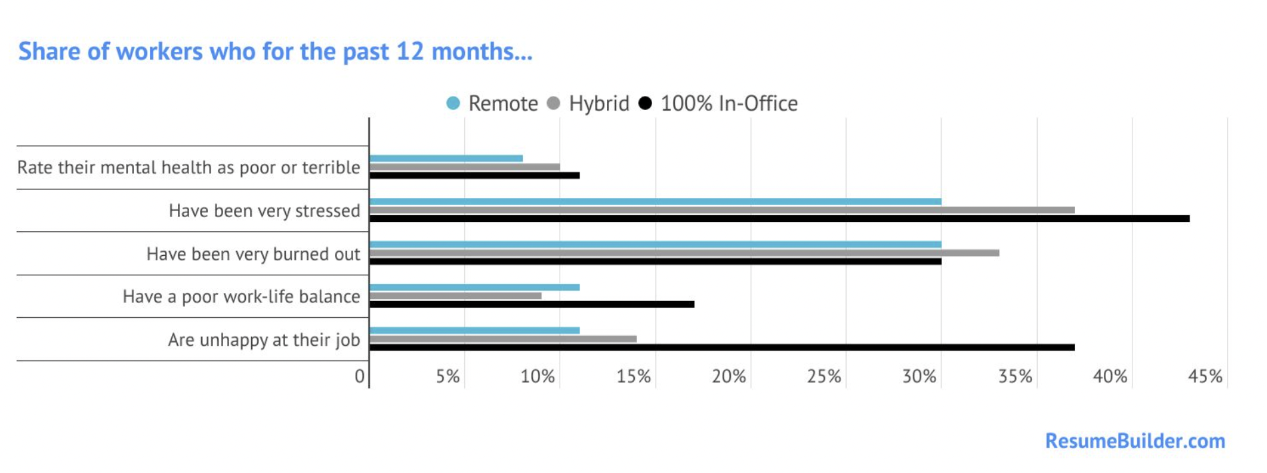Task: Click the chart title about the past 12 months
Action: [x=275, y=52]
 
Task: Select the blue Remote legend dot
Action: [x=453, y=103]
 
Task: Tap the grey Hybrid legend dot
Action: [x=553, y=103]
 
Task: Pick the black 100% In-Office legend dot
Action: [x=645, y=103]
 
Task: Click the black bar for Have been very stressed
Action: [x=779, y=219]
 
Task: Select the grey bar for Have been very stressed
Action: [x=722, y=210]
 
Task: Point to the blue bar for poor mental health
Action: [x=446, y=159]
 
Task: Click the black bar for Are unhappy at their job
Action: [x=722, y=347]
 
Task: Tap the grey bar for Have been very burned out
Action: [x=684, y=253]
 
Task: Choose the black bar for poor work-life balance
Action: [x=532, y=304]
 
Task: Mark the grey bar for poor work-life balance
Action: [x=456, y=296]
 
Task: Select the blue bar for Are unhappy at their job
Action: [x=474, y=330]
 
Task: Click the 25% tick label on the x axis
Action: [x=824, y=377]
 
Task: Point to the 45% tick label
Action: [x=1205, y=377]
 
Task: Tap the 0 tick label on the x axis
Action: [x=360, y=377]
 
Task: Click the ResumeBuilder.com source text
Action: [x=1134, y=441]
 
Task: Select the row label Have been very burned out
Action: [x=253, y=254]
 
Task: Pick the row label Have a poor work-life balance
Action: [x=241, y=296]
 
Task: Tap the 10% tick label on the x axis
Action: [x=538, y=377]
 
